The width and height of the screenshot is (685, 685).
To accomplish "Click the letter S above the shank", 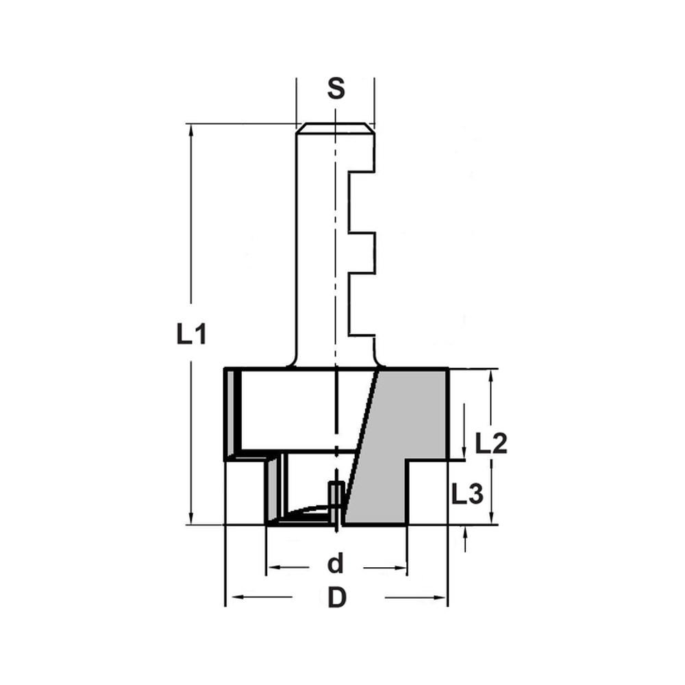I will coord(335,89).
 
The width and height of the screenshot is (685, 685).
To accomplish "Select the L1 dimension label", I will coord(191,335).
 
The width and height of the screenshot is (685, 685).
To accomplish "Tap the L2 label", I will coord(490,444).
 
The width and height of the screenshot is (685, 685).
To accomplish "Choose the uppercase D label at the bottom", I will coord(336,598).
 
